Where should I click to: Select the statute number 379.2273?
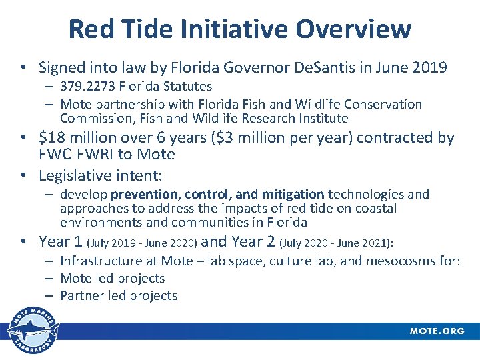click(x=91, y=87)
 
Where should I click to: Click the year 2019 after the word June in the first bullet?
click(x=429, y=67)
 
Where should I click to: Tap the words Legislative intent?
click(x=101, y=176)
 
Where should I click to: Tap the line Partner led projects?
click(x=119, y=295)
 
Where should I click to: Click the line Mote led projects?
click(x=112, y=278)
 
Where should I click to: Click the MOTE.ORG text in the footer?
click(x=437, y=331)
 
